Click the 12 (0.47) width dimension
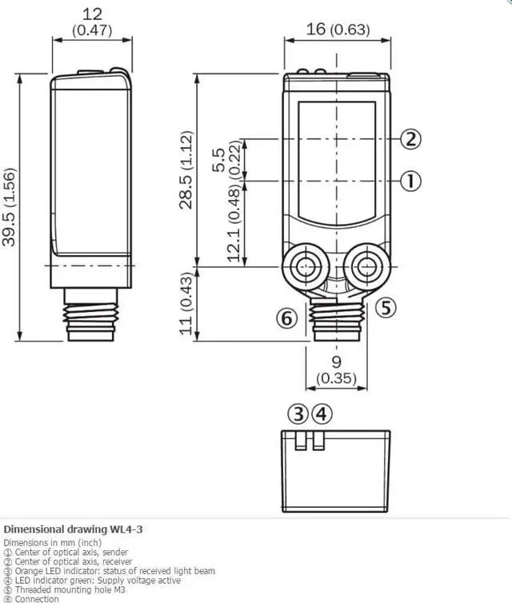pyautogui.click(x=92, y=22)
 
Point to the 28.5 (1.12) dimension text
pyautogui.click(x=186, y=170)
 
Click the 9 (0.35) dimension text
pyautogui.click(x=337, y=369)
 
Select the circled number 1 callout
pyautogui.click(x=410, y=181)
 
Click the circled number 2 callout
pyautogui.click(x=410, y=139)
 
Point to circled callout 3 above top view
pyautogui.click(x=298, y=414)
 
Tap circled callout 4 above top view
pyautogui.click(x=321, y=414)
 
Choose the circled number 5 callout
pyautogui.click(x=386, y=307)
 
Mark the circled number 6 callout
pyautogui.click(x=286, y=317)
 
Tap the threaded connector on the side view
pyautogui.click(x=92, y=315)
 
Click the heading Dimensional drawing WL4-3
pyautogui.click(x=74, y=529)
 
